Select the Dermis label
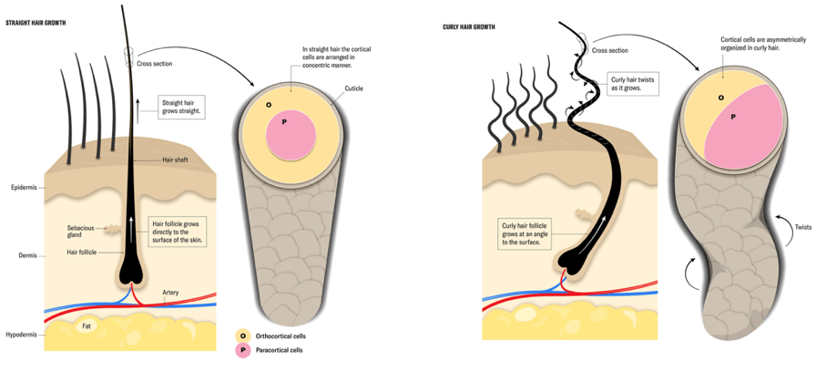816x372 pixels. [x=22, y=255]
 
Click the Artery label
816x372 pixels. [x=171, y=294]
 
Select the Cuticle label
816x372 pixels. [x=354, y=88]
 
